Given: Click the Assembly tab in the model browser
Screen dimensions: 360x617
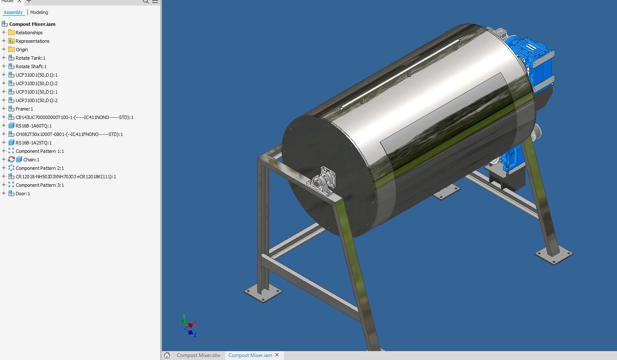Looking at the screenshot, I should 13,12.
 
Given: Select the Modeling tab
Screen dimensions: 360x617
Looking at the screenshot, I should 39,12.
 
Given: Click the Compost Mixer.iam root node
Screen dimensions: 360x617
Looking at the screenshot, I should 32,24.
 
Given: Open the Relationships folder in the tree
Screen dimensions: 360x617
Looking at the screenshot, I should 29,33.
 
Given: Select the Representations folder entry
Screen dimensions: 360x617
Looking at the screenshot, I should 32,41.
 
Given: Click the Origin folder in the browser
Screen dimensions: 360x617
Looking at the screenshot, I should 22,50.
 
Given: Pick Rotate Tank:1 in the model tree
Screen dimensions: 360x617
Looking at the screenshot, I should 30,58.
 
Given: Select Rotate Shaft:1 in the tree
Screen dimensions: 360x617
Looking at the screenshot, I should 31,66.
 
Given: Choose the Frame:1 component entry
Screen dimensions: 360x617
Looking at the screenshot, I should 24,109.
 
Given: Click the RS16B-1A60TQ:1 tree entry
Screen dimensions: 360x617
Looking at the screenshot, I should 33,126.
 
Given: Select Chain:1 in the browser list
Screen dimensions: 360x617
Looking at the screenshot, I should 31,160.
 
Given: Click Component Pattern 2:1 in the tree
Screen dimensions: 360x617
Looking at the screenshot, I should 39,168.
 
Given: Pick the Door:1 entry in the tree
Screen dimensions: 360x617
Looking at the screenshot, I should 22,194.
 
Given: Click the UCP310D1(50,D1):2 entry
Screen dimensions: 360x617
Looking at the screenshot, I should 36,100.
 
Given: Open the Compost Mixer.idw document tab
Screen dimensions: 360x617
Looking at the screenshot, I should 198,355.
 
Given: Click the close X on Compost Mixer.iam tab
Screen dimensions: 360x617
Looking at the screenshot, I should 277,355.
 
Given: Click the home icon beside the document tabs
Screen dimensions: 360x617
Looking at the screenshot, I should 167,355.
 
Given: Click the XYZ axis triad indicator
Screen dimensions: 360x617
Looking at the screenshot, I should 189,326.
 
